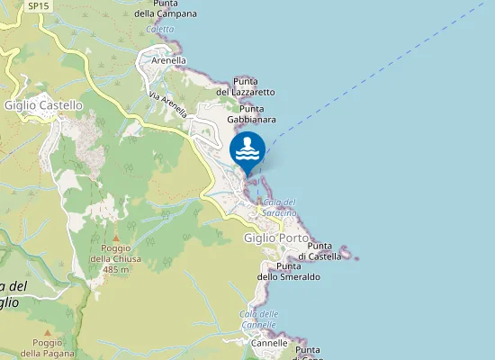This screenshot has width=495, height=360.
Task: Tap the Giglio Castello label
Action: (43, 105)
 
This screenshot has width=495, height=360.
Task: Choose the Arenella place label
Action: (168, 60)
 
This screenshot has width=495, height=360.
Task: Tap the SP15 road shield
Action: (38, 5)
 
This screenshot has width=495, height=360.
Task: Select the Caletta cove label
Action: (159, 29)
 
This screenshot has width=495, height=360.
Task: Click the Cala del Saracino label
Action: (280, 206)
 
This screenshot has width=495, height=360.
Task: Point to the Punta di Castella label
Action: (324, 251)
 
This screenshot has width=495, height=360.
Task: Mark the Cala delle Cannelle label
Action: (259, 319)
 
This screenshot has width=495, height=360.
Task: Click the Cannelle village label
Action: (269, 343)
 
